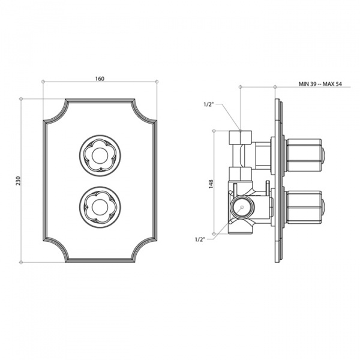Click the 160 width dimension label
[100, 78]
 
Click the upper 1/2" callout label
[208, 106]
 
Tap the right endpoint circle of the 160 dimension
[157, 81]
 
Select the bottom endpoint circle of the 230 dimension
[22, 262]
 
